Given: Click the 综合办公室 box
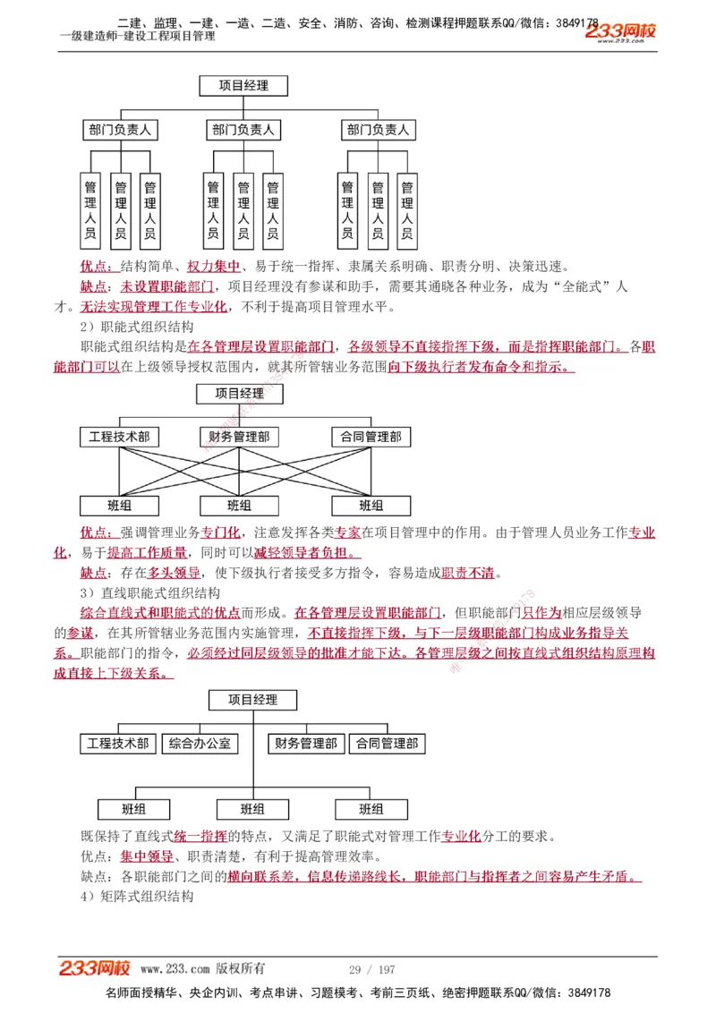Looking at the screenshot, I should [200, 743].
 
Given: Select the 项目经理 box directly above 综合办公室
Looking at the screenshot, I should [253, 700].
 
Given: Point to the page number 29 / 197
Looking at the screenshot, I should [371, 970].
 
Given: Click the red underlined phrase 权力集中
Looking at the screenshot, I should [214, 267].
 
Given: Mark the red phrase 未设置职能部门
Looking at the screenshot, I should [167, 286].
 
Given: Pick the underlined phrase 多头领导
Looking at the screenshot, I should [174, 573].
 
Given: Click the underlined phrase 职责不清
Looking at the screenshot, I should [467, 573].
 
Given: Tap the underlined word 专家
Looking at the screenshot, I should [348, 532].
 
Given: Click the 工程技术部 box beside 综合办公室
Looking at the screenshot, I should [118, 743].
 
